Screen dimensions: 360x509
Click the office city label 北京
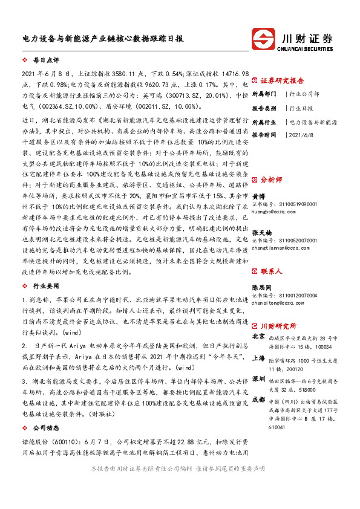point(258,336)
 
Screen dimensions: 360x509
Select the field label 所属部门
point(264,94)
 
